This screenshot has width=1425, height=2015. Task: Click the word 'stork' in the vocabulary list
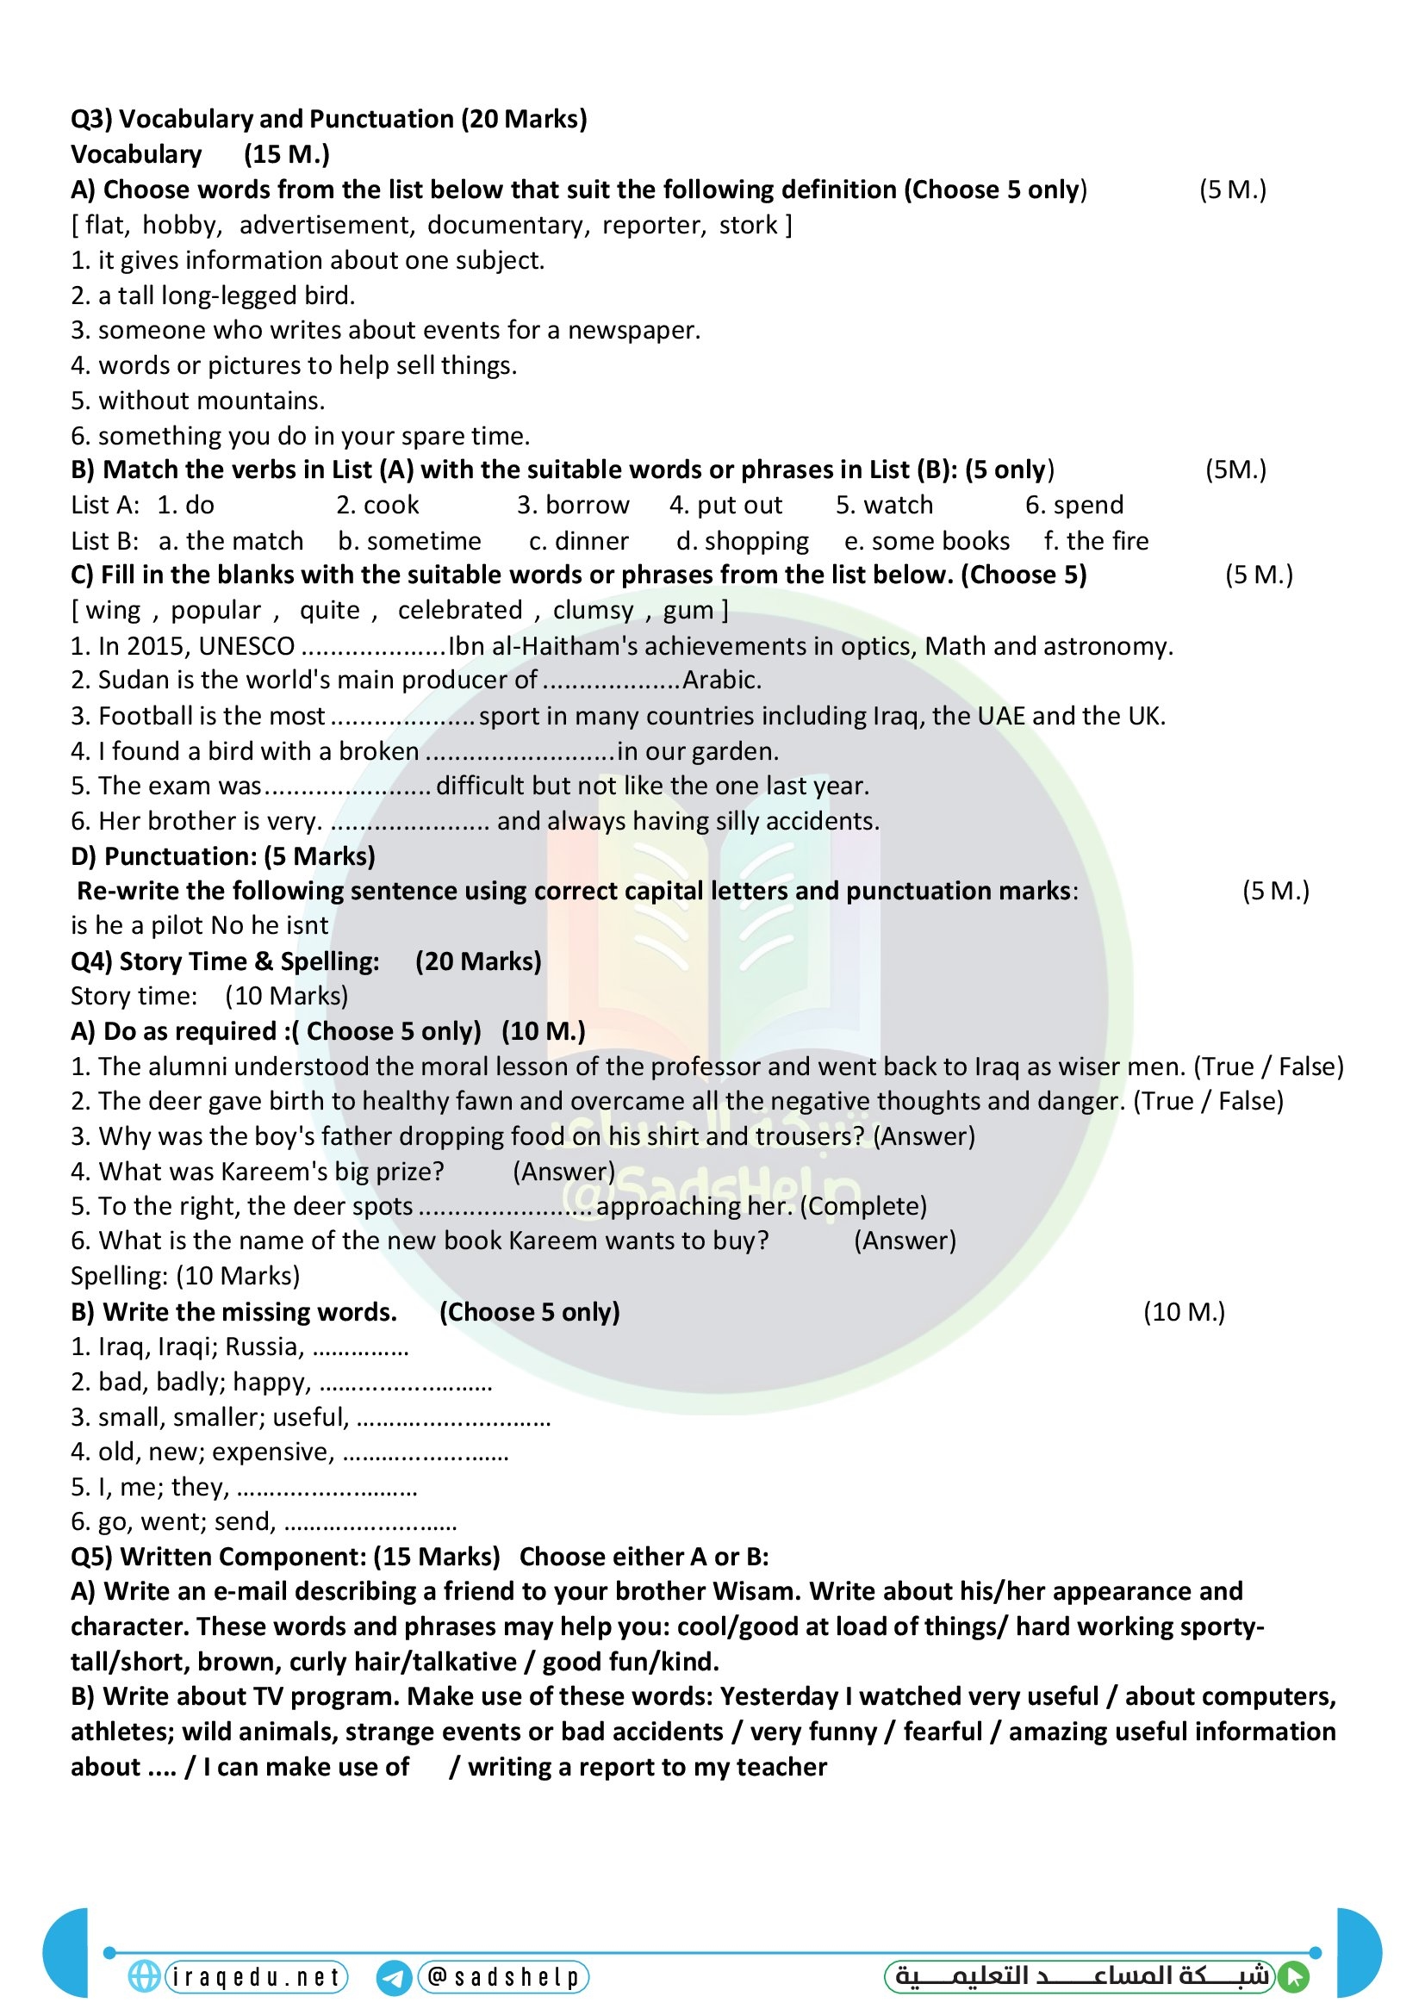[748, 226]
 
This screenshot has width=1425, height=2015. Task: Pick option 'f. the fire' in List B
[1096, 542]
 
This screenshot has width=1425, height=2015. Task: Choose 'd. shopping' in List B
[743, 542]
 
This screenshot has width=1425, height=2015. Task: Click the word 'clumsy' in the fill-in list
[593, 611]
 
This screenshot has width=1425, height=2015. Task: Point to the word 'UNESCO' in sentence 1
[246, 647]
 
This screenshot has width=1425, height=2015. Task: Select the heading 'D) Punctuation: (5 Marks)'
[223, 856]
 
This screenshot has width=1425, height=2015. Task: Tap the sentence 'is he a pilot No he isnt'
[199, 926]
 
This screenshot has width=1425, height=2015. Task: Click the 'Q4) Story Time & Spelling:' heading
[225, 962]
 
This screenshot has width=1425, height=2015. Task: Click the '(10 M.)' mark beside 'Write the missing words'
[1184, 1313]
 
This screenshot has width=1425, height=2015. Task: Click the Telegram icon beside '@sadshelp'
[394, 1978]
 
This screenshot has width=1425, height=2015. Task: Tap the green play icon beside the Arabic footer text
[1293, 1977]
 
